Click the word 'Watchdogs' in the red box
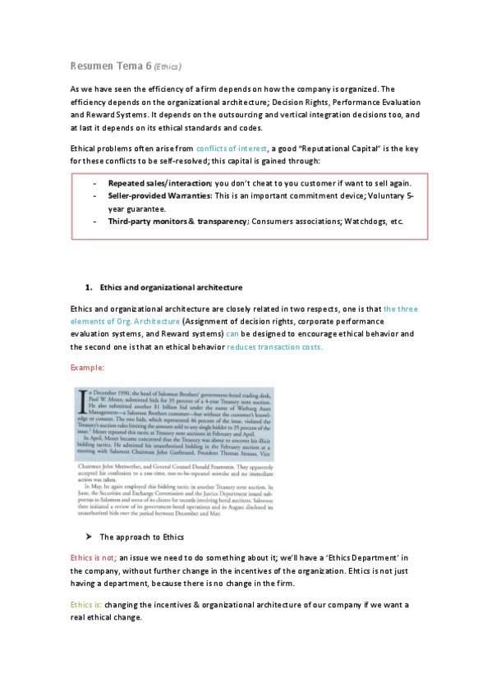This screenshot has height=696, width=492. pyautogui.click(x=361, y=222)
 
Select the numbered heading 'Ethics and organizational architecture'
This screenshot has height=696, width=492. pyautogui.click(x=171, y=287)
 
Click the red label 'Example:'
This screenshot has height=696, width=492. pyautogui.click(x=86, y=367)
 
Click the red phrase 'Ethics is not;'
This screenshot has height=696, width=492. pyautogui.click(x=94, y=557)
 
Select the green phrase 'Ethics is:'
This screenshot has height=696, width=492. pyautogui.click(x=87, y=605)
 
